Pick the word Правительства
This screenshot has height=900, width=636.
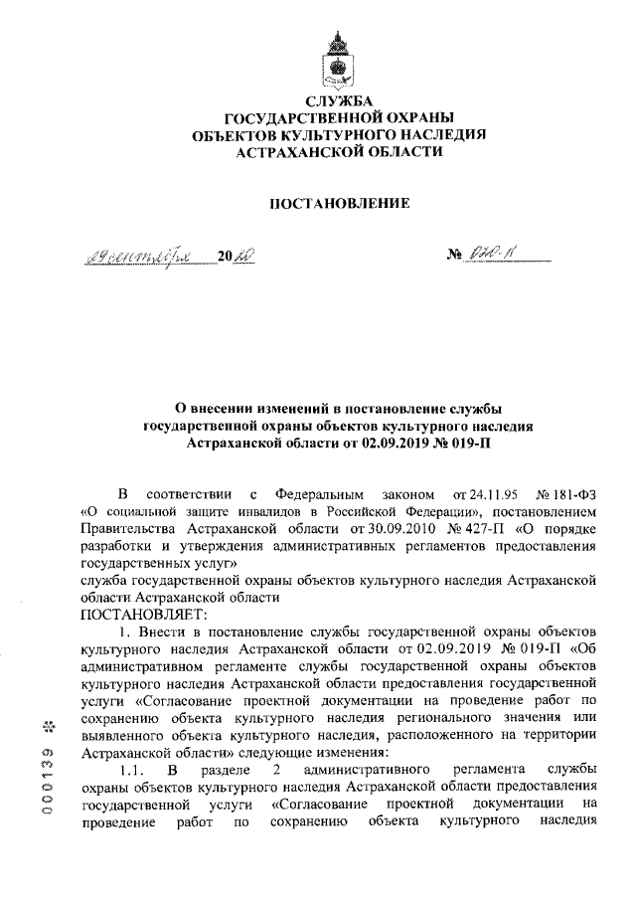[x=129, y=528]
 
